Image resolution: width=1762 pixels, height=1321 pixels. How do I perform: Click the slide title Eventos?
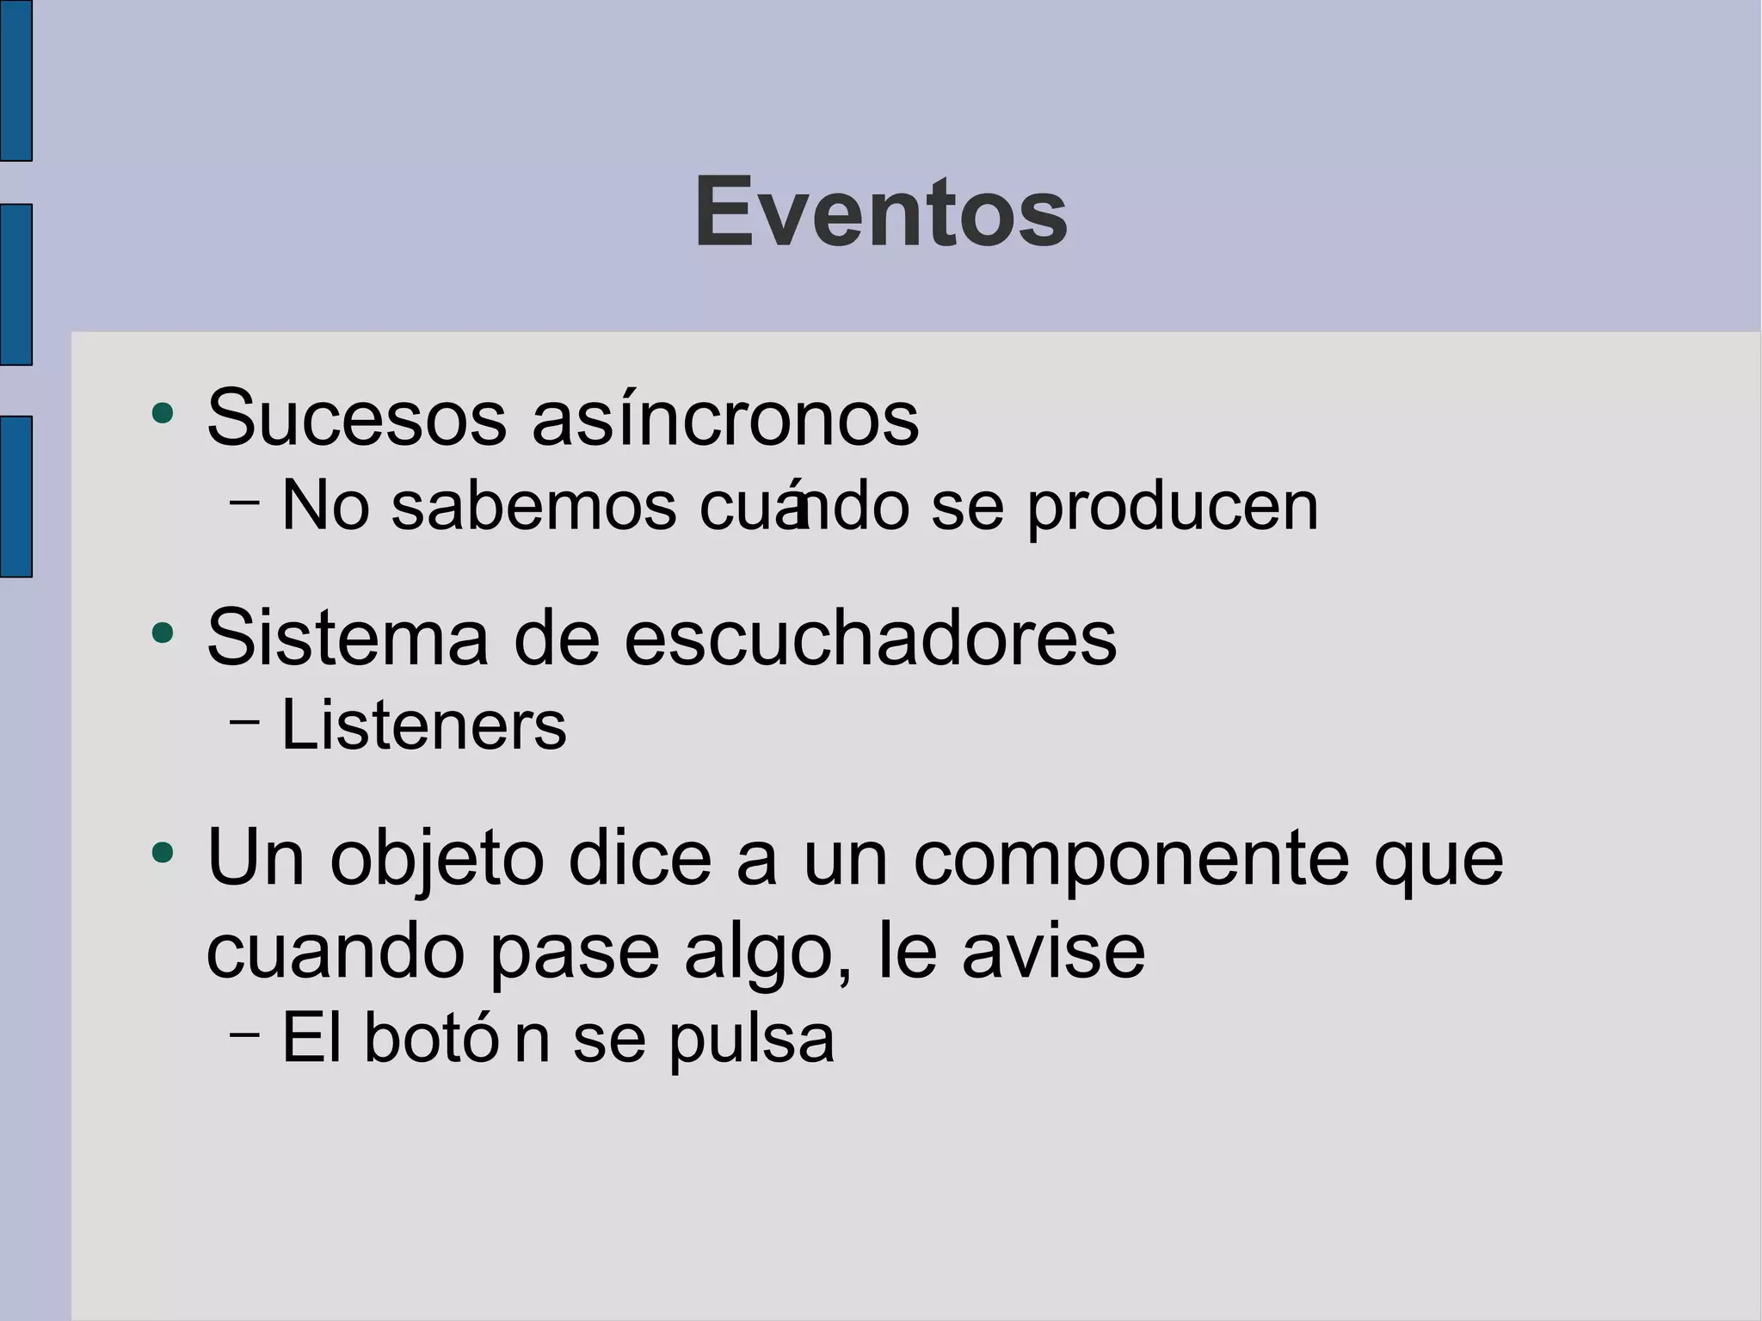coord(880,212)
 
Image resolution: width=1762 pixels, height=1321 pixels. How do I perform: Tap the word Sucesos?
coord(357,419)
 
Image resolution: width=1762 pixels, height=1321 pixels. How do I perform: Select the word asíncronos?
coord(725,419)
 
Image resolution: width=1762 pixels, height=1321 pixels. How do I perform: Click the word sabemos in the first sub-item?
coord(534,507)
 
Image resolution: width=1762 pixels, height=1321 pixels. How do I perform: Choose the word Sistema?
coord(348,639)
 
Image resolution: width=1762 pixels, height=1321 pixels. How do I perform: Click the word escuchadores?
coord(870,639)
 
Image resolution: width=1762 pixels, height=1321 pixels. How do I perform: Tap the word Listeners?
coord(424,725)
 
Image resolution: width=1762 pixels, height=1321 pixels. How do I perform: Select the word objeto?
coord(437,860)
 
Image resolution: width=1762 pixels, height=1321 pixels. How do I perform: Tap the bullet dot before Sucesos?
coord(162,414)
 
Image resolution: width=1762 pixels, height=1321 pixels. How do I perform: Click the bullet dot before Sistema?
coord(162,634)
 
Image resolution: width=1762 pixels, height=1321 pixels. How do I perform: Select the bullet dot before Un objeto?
coord(162,854)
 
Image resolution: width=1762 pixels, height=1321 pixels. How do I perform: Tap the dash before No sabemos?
coord(245,503)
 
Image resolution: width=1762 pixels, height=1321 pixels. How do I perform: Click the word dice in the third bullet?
coord(640,858)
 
